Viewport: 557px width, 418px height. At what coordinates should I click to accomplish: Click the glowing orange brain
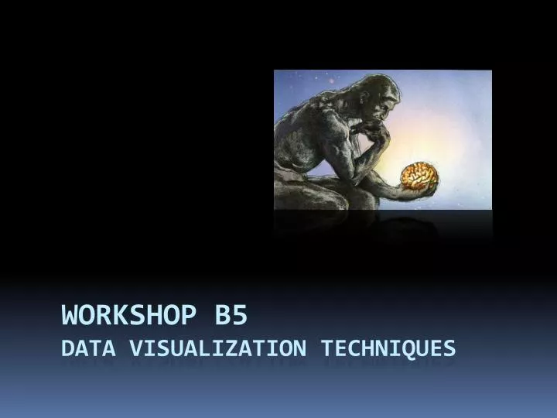pos(419,176)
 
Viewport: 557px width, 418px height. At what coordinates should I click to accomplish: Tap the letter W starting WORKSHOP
pos(71,316)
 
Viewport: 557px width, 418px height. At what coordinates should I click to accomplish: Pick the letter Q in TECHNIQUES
pos(405,349)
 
